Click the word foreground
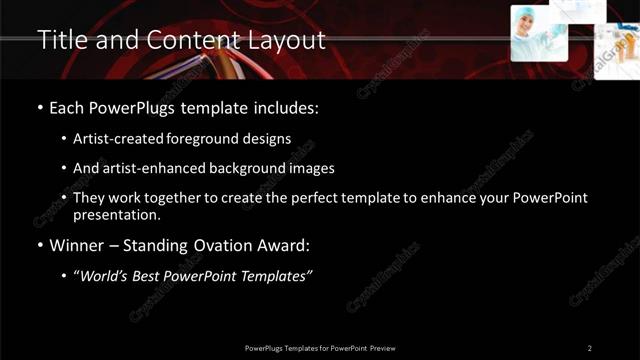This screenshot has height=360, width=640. [222, 138]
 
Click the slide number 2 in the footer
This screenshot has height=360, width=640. [590, 348]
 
